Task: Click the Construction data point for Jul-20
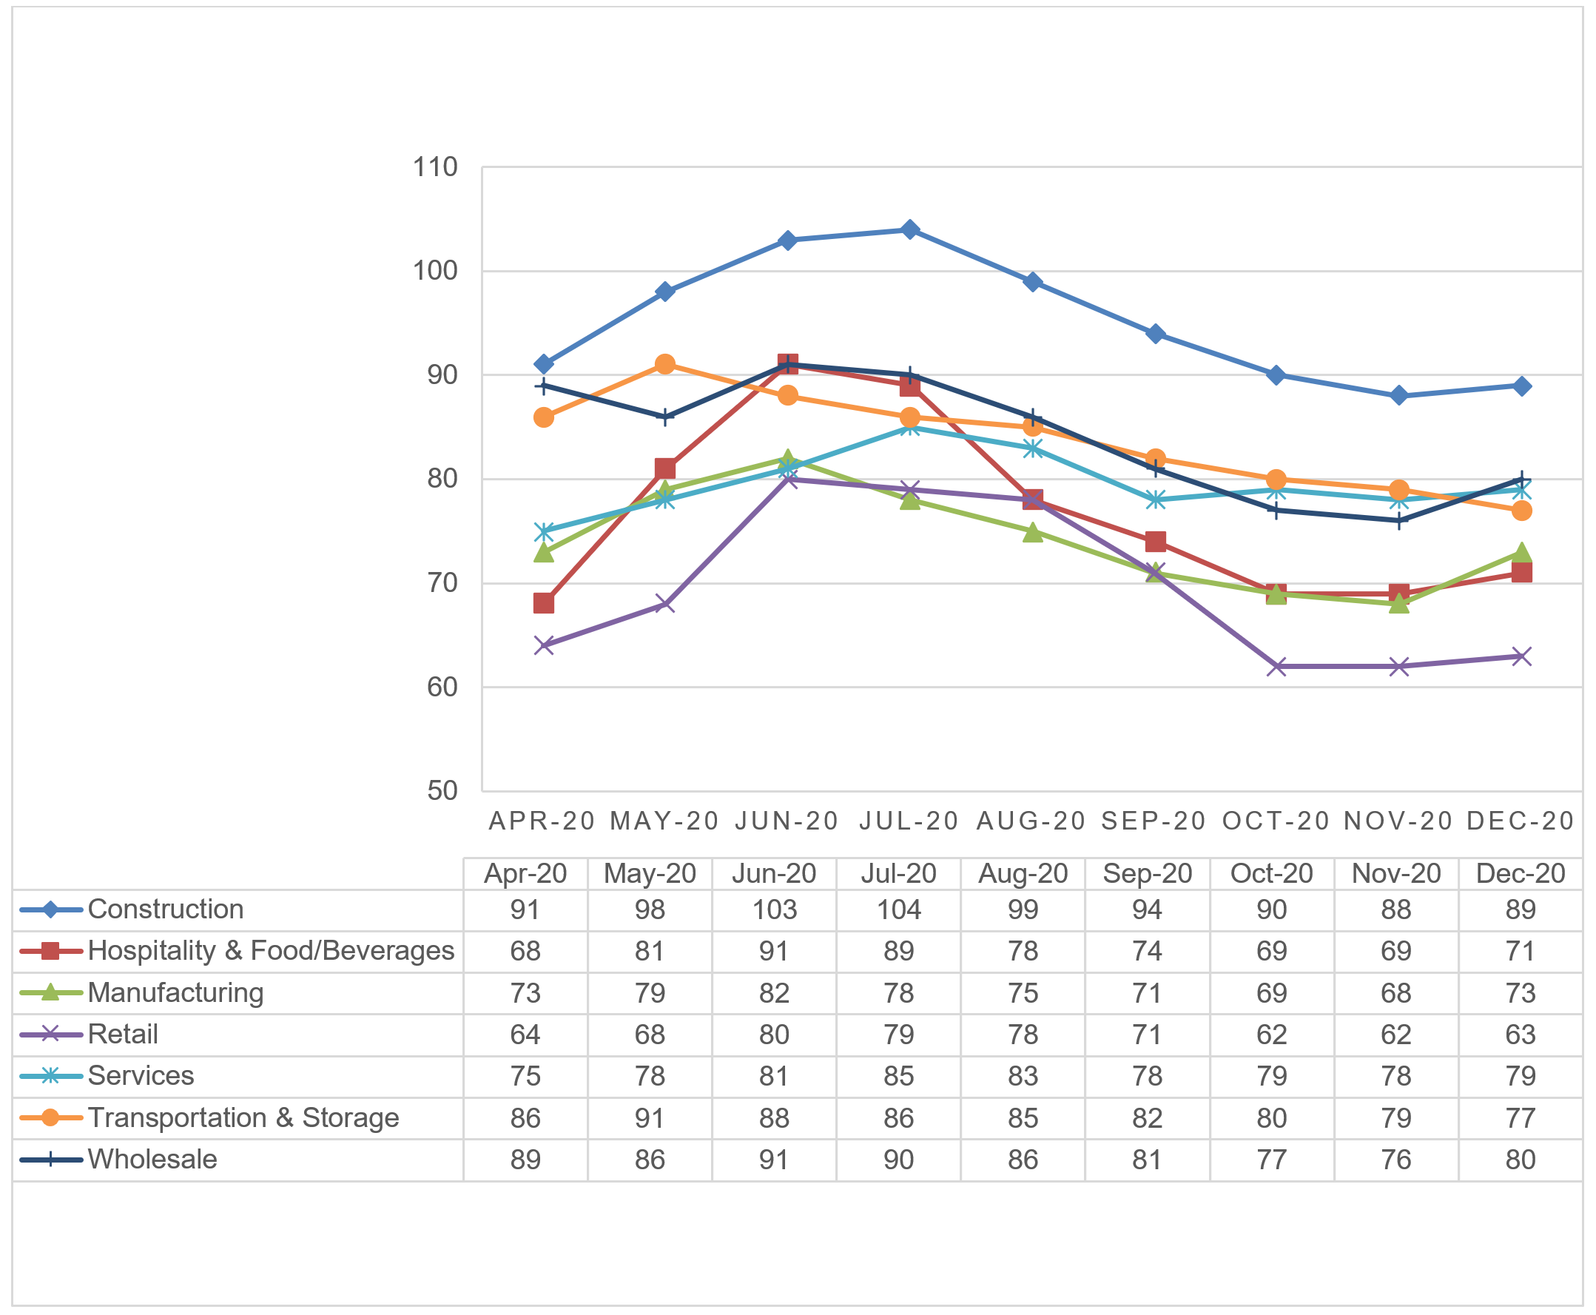click(910, 229)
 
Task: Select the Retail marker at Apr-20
click(543, 645)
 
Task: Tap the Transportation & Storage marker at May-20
click(665, 364)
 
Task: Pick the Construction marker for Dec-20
click(1521, 386)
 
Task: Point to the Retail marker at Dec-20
click(1521, 656)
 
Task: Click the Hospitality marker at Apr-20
click(543, 604)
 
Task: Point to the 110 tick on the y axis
click(435, 167)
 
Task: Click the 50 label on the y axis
click(442, 791)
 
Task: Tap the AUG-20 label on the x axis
click(1031, 821)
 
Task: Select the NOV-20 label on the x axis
click(1398, 821)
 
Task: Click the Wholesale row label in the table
click(152, 1159)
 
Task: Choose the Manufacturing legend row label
click(176, 992)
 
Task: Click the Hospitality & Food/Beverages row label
click(270, 951)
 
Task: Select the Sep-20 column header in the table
click(1147, 873)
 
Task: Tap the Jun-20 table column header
click(773, 873)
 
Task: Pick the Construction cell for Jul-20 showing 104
click(898, 909)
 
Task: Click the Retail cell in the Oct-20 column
click(1271, 1035)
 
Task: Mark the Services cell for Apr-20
click(525, 1077)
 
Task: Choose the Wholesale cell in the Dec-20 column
click(1521, 1160)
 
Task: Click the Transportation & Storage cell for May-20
click(649, 1118)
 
